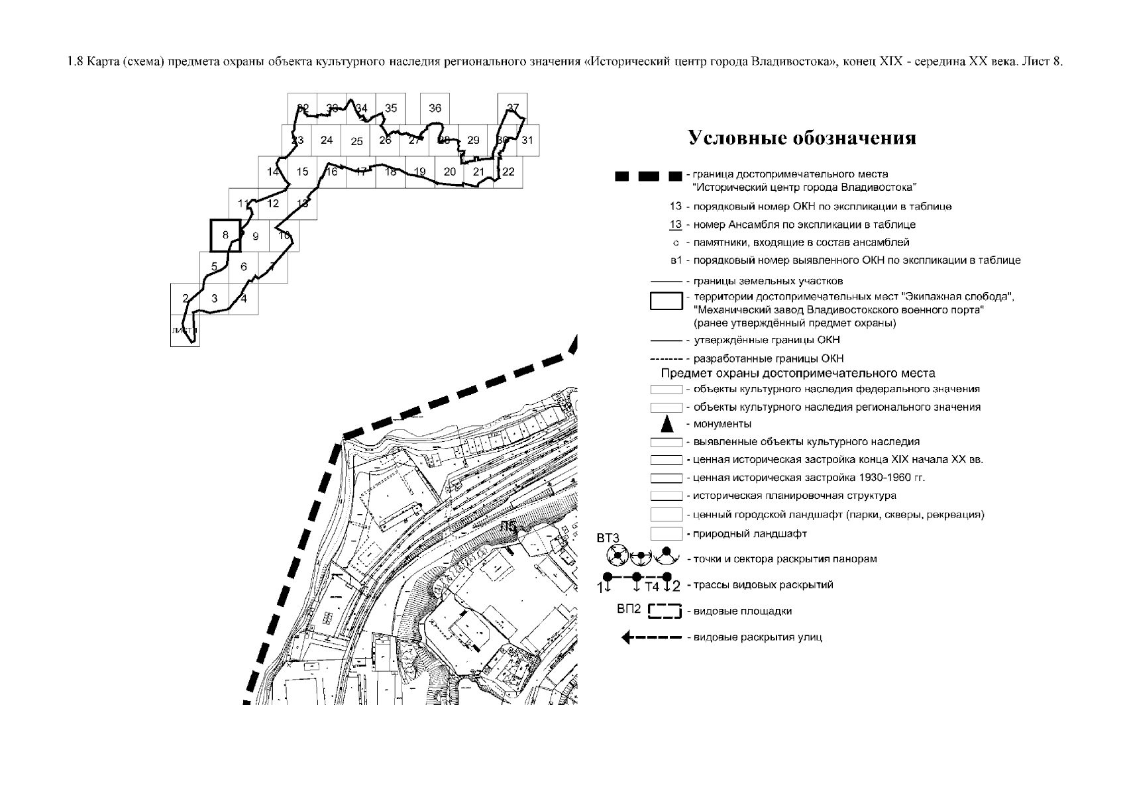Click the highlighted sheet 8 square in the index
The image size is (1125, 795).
click(226, 235)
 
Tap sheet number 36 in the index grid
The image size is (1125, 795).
click(435, 108)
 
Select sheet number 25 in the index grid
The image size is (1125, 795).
click(356, 141)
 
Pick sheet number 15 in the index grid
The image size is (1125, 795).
click(302, 172)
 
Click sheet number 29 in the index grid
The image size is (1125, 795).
click(473, 140)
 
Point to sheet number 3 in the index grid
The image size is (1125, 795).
click(215, 298)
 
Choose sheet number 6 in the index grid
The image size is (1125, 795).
click(244, 267)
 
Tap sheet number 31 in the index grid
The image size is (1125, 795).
click(527, 140)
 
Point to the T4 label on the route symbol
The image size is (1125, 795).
click(653, 587)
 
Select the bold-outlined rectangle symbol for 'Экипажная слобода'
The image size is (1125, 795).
click(666, 301)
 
